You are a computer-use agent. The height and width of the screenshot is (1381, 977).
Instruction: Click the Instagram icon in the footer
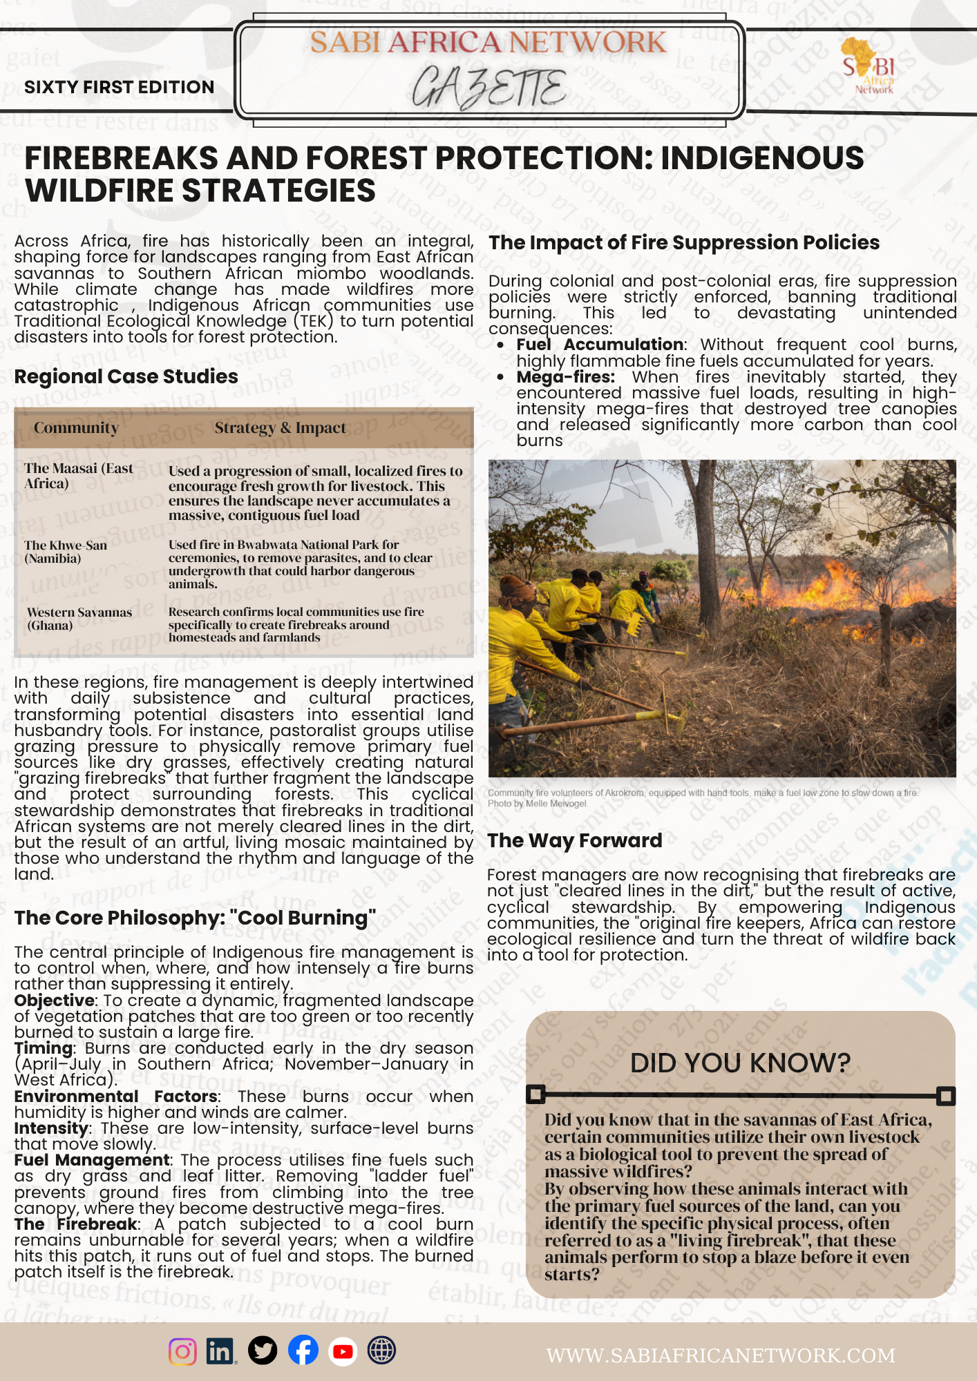[182, 1351]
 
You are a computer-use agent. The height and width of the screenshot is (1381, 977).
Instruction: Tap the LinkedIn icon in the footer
[220, 1351]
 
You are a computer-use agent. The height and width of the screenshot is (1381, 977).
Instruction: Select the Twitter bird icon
[263, 1351]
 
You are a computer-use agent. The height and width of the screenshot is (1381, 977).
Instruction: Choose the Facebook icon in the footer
[303, 1351]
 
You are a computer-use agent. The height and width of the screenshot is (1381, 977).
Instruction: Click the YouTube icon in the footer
[343, 1351]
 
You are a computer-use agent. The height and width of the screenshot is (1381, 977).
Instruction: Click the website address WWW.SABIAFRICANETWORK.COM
[721, 1355]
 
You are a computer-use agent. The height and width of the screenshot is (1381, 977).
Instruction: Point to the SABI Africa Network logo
[869, 66]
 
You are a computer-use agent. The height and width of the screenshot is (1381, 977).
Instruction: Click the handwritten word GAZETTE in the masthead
[489, 88]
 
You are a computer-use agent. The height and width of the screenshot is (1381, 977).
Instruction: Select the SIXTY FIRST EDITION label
[119, 87]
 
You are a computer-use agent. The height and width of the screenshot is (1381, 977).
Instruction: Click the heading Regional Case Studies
[126, 376]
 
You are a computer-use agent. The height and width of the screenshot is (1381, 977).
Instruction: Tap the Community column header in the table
[76, 428]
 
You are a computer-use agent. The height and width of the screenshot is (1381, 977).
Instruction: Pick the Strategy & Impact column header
[280, 428]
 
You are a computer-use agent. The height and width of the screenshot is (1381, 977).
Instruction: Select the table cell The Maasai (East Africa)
[79, 476]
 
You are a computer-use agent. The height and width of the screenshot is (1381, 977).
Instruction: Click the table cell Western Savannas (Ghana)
[79, 619]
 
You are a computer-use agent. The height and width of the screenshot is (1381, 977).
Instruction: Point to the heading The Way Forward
[574, 840]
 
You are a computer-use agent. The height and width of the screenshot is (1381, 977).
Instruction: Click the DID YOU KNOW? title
[740, 1063]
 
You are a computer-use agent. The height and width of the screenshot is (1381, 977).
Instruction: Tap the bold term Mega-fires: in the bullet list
[565, 377]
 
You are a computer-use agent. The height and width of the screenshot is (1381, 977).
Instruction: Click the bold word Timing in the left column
[43, 1048]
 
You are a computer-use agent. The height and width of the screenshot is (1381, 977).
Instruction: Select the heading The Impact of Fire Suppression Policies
[684, 242]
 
